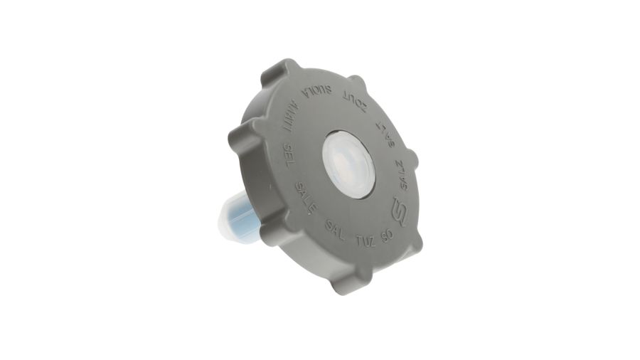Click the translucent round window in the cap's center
coord(348,164)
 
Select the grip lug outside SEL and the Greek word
coord(238,139)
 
